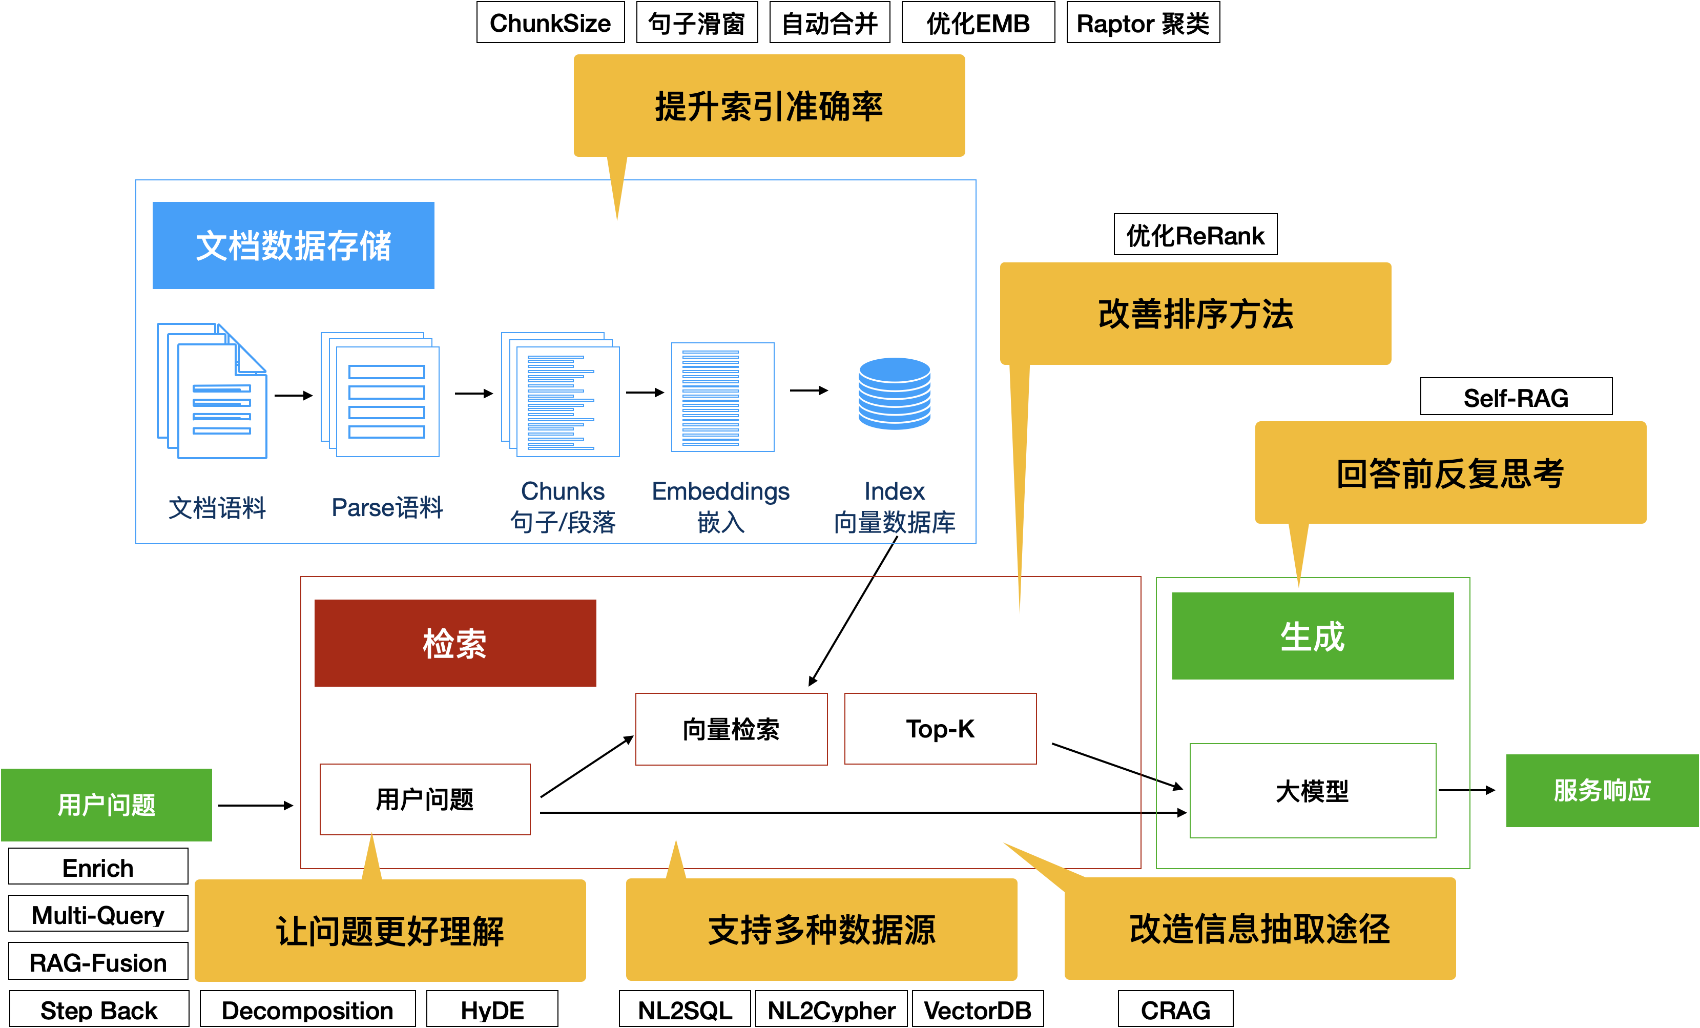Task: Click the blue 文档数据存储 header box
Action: coord(293,245)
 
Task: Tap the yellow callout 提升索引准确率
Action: coord(769,106)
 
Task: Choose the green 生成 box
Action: coord(1312,635)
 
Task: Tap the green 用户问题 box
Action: coord(106,805)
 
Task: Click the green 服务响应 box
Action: coord(1602,790)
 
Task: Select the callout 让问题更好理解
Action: coord(390,930)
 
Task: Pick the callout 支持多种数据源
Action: coord(821,929)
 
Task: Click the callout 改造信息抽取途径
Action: coord(1260,929)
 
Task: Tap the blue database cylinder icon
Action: coord(894,393)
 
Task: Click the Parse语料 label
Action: coord(387,508)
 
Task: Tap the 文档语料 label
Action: coord(217,508)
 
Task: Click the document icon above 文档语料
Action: coord(213,391)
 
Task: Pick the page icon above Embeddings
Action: coord(722,397)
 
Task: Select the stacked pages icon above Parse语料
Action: coord(380,395)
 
